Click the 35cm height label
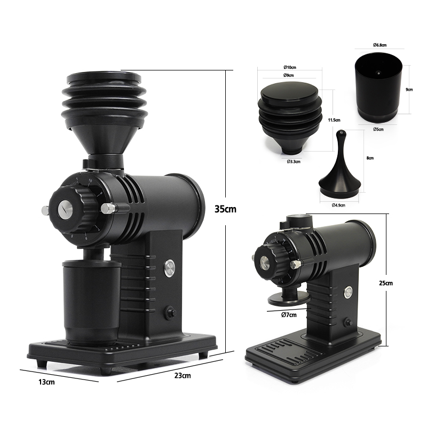pyautogui.click(x=225, y=209)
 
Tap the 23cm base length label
pyautogui.click(x=183, y=376)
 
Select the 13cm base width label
pyautogui.click(x=46, y=382)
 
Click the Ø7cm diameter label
pyautogui.click(x=289, y=315)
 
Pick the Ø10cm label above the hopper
pyautogui.click(x=290, y=68)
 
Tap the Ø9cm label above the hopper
pyautogui.click(x=290, y=76)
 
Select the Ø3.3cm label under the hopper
pyautogui.click(x=293, y=161)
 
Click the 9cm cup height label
pyautogui.click(x=409, y=90)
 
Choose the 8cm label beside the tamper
pyautogui.click(x=370, y=159)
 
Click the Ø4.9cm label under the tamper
pyautogui.click(x=338, y=204)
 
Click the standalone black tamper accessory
pyautogui.click(x=339, y=171)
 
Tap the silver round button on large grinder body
pyautogui.click(x=170, y=267)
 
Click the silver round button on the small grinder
pyautogui.click(x=348, y=292)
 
